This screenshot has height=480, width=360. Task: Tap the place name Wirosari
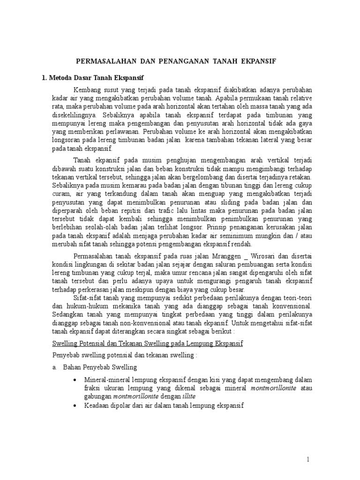[263, 255]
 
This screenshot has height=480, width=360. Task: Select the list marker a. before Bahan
[55, 367]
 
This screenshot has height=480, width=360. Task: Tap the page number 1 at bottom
[308, 460]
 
